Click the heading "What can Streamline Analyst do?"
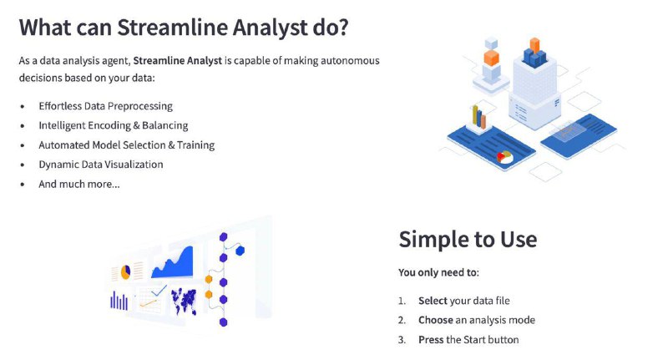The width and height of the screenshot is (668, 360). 184,28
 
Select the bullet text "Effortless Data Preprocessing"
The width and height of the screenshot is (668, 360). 106,106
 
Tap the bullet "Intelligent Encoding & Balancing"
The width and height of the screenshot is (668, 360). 114,125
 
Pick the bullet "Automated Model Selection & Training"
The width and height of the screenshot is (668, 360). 127,145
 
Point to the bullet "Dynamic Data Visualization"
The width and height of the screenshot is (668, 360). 101,165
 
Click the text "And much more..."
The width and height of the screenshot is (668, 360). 79,184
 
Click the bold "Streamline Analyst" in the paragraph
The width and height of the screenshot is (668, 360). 178,61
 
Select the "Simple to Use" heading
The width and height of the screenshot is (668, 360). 468,239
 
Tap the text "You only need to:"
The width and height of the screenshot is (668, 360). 439,272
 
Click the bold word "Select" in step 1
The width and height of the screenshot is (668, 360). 433,301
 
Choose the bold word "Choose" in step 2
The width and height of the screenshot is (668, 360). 436,320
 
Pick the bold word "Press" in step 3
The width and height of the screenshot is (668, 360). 431,340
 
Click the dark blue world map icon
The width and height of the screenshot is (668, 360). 184,301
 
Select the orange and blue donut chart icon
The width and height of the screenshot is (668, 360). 126,271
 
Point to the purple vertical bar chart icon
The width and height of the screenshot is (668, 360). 119,301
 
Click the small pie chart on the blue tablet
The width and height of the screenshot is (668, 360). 504,156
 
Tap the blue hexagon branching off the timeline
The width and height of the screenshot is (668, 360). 240,251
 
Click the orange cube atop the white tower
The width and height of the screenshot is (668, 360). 534,46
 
